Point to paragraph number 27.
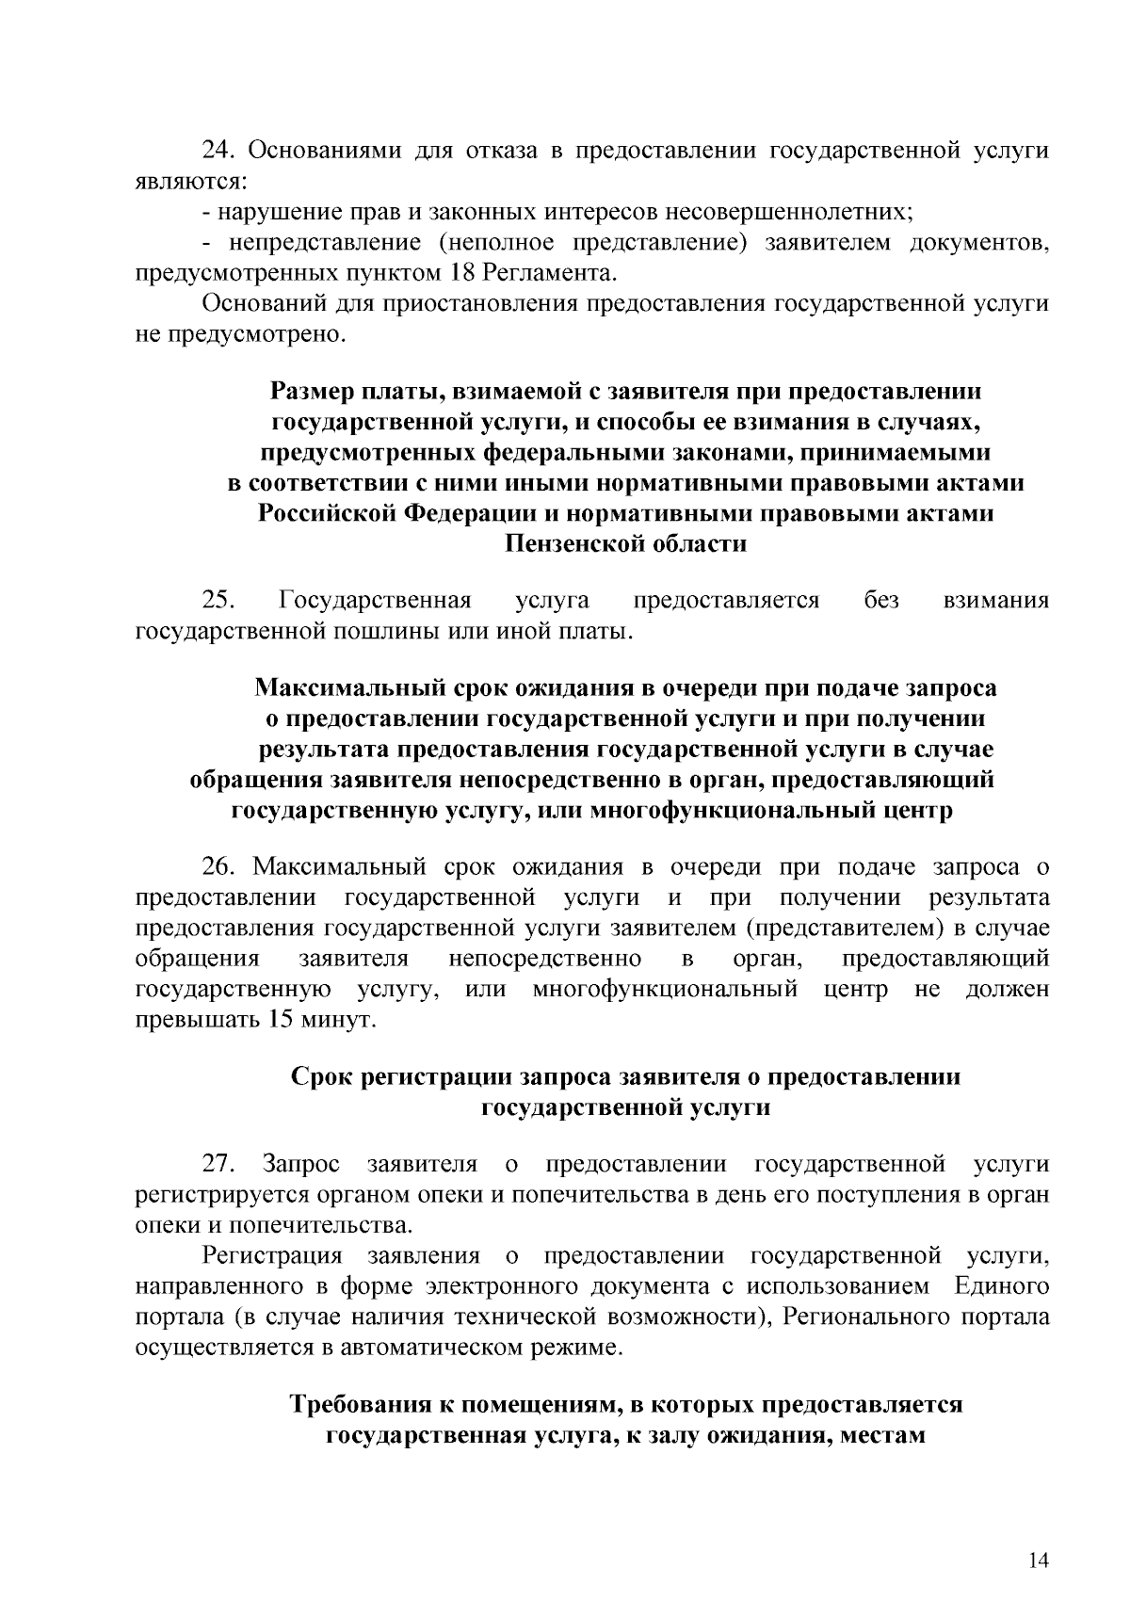pyautogui.click(x=218, y=1164)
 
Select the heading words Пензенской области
pyautogui.click(x=626, y=543)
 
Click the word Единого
pyautogui.click(x=1001, y=1286)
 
